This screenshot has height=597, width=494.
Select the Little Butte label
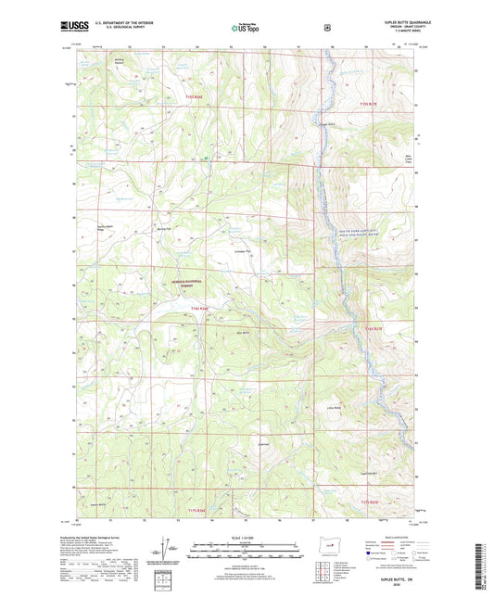[x=385, y=407]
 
